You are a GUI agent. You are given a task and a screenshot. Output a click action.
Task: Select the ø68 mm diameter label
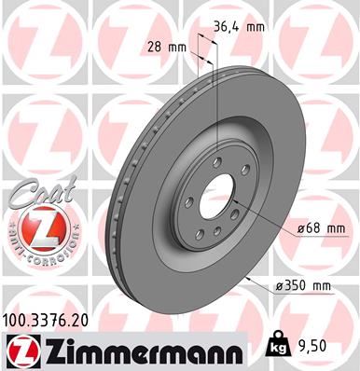coord(299,227)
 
